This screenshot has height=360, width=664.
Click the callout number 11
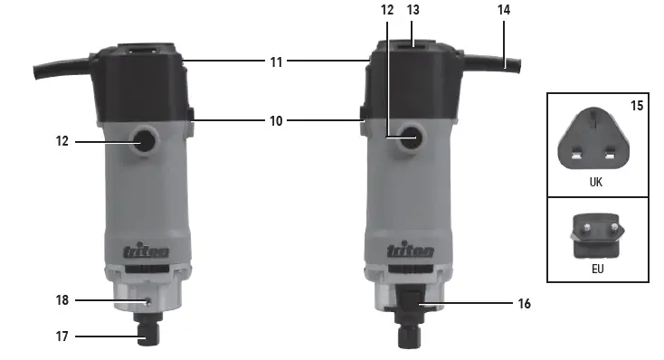tap(276, 62)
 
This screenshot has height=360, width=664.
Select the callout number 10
tap(276, 121)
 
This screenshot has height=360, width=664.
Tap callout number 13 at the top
tap(413, 10)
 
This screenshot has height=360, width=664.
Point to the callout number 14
tap(504, 10)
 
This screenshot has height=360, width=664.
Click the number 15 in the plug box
tap(637, 106)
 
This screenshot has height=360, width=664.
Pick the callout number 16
tap(525, 304)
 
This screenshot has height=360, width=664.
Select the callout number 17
tap(62, 336)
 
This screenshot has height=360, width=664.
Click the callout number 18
tap(62, 300)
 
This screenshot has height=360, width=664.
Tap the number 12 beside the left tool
tap(62, 141)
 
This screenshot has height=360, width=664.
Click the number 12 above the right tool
tap(387, 10)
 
